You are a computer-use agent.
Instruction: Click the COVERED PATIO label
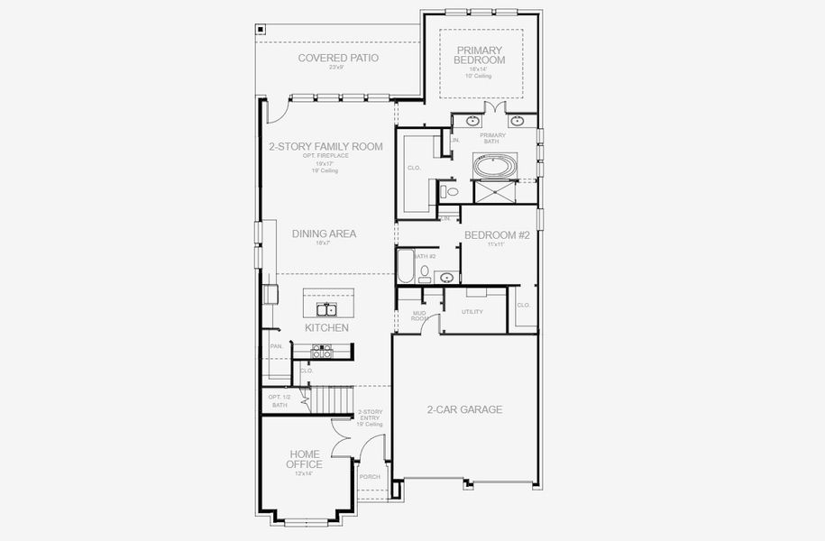[338, 58]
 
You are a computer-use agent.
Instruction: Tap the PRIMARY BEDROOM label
[480, 55]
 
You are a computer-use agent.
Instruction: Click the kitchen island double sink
[326, 309]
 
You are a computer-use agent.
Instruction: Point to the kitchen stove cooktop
[322, 352]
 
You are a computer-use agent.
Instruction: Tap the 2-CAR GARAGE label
[464, 409]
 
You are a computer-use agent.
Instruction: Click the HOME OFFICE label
[304, 459]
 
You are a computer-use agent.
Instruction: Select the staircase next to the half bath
[330, 398]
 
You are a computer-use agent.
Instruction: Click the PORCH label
[370, 477]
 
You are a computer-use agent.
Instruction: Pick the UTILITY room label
[472, 312]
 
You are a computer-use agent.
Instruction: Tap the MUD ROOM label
[419, 316]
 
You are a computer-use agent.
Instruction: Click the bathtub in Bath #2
[406, 267]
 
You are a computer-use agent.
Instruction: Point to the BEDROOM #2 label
[496, 235]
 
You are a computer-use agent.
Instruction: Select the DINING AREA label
[324, 234]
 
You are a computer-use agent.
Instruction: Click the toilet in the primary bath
[451, 191]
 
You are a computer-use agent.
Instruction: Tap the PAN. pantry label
[276, 345]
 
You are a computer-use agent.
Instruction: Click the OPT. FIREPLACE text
[325, 156]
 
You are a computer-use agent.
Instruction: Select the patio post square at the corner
[261, 28]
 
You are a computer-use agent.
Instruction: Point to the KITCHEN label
[325, 328]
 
